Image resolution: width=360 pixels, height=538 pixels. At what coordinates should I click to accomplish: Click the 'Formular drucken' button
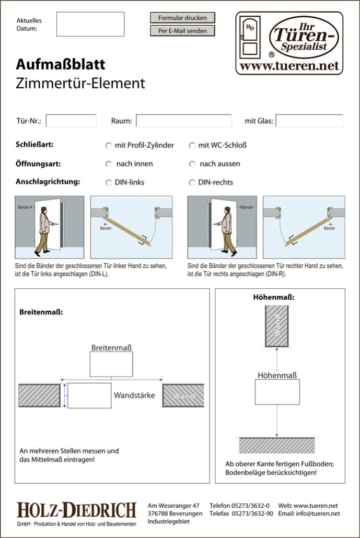coord(182,18)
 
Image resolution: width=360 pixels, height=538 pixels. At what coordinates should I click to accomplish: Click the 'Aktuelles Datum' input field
coord(90,24)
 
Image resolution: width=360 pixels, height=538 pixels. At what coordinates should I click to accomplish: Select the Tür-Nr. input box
coord(71,121)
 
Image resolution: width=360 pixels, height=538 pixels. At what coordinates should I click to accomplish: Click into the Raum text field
coord(183,121)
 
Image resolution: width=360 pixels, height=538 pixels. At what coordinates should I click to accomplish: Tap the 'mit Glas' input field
coord(309,121)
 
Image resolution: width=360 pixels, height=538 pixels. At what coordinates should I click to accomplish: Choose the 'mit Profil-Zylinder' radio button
coord(109,145)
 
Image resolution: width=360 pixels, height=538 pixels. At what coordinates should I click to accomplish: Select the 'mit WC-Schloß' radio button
coord(192,145)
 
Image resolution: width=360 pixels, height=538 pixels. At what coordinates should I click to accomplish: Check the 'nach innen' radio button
coord(109,164)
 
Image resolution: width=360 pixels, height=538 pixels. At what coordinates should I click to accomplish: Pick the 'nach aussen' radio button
coord(192,164)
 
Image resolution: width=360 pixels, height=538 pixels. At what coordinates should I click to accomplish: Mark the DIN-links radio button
coord(109,183)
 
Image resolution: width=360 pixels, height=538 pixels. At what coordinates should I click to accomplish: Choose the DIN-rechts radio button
coord(192,183)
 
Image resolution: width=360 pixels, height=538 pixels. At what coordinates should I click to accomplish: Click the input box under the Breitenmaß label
coord(111,364)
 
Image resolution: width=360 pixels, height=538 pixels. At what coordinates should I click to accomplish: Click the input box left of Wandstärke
coord(89,395)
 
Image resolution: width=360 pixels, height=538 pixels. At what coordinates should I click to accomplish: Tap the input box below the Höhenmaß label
coord(277,392)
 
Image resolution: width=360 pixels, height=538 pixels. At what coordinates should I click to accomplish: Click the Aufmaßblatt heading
coord(61,64)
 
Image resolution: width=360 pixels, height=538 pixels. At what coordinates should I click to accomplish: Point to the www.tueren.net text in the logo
coord(289,66)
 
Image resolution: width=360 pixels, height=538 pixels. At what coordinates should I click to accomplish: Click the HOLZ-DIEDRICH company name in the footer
coord(76,510)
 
